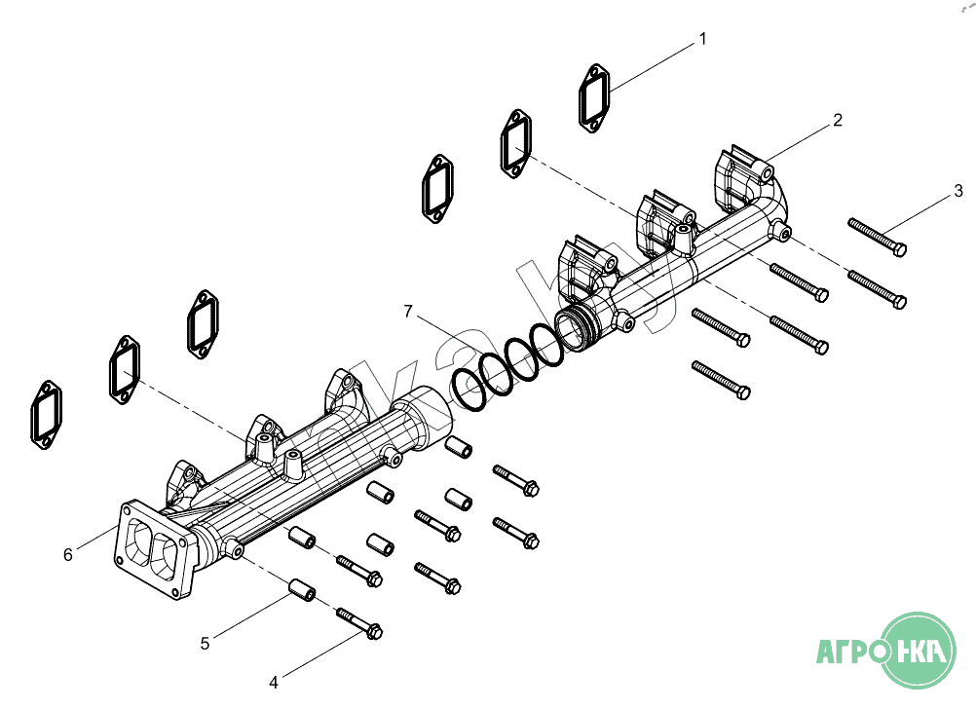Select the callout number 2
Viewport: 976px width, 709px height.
tap(837, 121)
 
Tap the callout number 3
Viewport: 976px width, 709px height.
tap(958, 190)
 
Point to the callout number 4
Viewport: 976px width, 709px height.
tap(274, 681)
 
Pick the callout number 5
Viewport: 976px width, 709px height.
tap(205, 643)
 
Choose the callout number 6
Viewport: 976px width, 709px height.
tap(67, 554)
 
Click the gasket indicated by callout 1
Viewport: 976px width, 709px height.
tap(594, 97)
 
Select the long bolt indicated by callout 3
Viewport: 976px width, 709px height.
tap(878, 237)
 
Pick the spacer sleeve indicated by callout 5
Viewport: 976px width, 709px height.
tap(302, 590)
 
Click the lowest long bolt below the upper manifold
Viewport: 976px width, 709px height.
tap(721, 379)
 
